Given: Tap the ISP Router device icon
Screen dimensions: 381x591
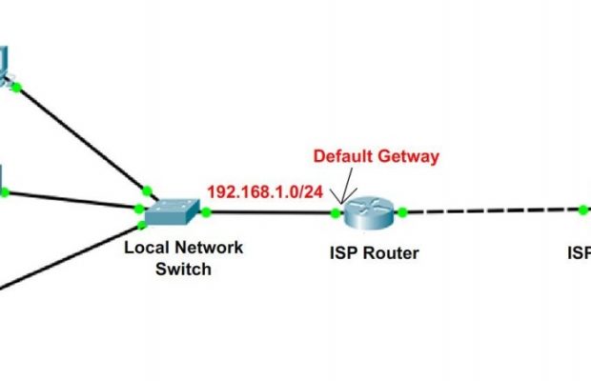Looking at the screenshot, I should [369, 211].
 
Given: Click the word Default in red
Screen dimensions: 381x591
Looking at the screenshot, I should [345, 155].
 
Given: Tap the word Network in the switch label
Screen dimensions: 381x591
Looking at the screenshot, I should [207, 248].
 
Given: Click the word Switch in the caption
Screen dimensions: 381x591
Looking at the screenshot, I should [183, 269].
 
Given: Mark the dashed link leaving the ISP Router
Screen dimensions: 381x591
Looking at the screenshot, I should [491, 211].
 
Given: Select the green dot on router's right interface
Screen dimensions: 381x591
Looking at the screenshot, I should [403, 211].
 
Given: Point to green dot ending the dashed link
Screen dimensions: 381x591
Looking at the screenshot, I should [582, 209].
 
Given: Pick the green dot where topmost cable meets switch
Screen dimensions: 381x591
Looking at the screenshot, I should [145, 189].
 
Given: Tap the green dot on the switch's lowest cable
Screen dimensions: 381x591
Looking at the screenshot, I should [143, 225].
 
